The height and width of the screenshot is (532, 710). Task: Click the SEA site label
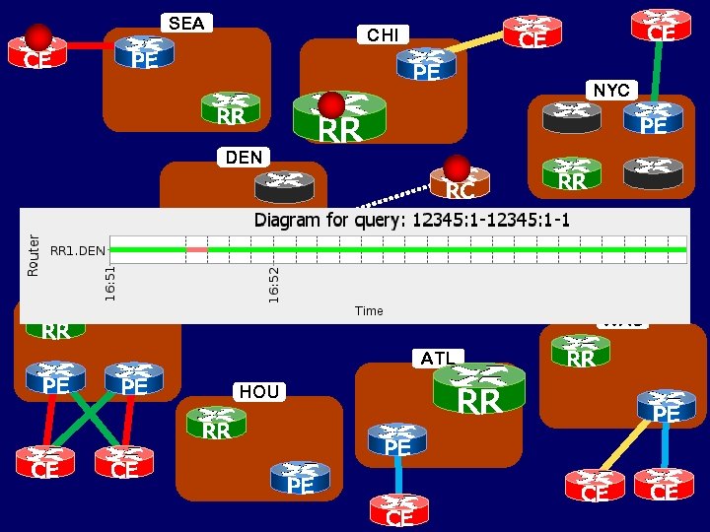coord(186,23)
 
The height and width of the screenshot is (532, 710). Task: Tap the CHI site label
coord(383,35)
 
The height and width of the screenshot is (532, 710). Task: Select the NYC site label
coord(611,90)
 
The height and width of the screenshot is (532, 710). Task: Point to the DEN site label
coord(244,157)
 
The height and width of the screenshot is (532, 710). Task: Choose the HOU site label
coord(258,391)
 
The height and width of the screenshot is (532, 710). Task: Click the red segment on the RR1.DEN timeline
coord(196,250)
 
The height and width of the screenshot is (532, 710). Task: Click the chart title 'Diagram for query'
coord(412,219)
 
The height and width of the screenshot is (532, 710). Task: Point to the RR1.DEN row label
coord(77,250)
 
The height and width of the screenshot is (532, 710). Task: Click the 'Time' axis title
coord(369,310)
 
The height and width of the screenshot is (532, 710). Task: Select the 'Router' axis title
coord(34,254)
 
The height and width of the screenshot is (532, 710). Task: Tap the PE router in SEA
coord(144,53)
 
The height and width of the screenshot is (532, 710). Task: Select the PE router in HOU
coord(300,478)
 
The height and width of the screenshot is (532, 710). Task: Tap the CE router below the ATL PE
coord(399,510)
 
